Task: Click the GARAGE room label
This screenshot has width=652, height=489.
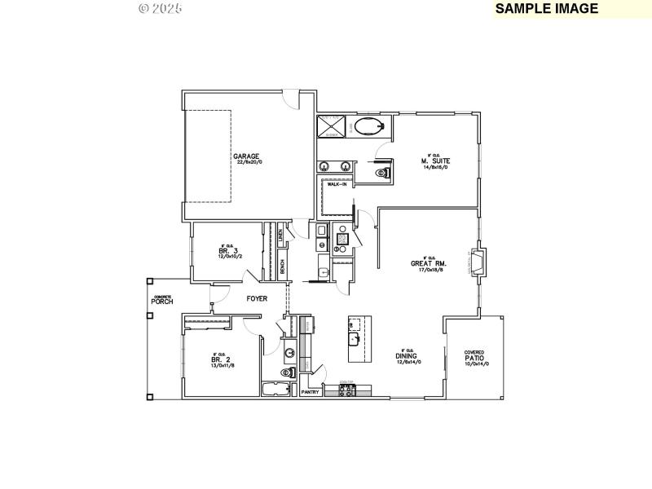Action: coord(246,156)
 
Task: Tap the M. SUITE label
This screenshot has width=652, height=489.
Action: coord(436,161)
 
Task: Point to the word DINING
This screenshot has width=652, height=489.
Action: coord(407,355)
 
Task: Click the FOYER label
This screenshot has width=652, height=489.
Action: coord(258,298)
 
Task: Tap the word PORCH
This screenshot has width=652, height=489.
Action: coord(162,302)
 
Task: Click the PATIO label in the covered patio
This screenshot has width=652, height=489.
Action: coord(474,358)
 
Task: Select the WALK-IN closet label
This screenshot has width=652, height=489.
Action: coord(338,185)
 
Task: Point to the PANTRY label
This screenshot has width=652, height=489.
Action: coord(310,392)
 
